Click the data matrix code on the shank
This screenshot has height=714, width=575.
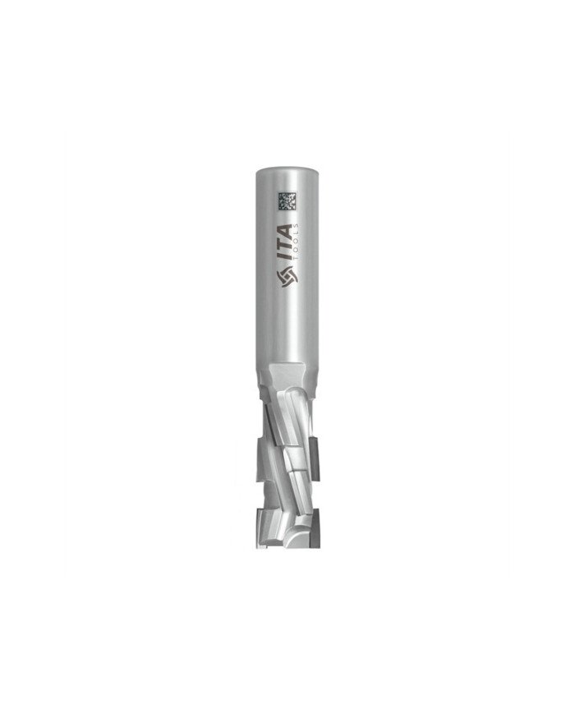[287, 202]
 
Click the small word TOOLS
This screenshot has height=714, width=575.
[297, 242]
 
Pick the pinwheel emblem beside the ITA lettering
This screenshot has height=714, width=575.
[287, 278]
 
